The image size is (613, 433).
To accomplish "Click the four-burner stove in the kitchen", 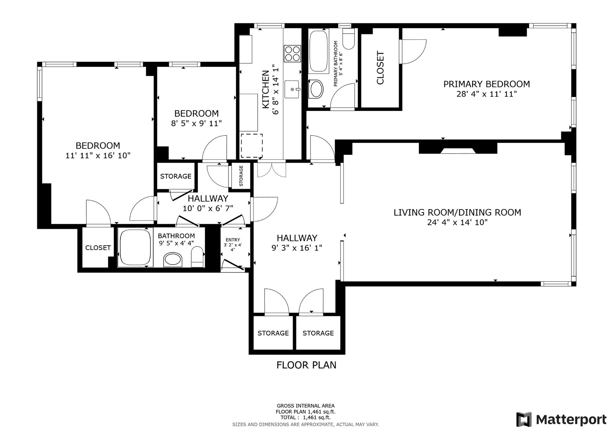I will click(292, 54).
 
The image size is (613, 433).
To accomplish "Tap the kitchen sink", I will click(292, 89).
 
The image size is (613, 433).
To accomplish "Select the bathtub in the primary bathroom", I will click(318, 51).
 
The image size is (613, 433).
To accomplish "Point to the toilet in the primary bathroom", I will click(348, 39).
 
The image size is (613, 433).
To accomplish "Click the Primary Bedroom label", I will click(486, 84).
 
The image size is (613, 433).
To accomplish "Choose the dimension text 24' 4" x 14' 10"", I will click(457, 222).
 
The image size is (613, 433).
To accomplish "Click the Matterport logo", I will click(561, 419).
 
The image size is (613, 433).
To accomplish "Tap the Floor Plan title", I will click(306, 365).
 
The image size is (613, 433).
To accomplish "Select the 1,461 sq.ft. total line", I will click(306, 417).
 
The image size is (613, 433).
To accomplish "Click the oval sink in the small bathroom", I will click(173, 259).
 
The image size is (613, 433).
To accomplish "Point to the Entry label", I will click(233, 240).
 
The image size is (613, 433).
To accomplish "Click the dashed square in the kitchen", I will click(251, 146).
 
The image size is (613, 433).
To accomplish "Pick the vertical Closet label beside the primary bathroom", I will click(380, 68).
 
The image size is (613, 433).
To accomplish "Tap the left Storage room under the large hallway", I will click(273, 333).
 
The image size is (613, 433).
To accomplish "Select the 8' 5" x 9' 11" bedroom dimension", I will click(196, 123).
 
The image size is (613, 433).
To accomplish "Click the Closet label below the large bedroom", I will click(98, 248).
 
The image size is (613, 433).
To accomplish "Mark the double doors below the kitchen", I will click(271, 169).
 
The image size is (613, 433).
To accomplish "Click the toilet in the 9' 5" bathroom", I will click(197, 257).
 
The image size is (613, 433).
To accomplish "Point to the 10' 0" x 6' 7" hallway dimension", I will click(208, 208).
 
